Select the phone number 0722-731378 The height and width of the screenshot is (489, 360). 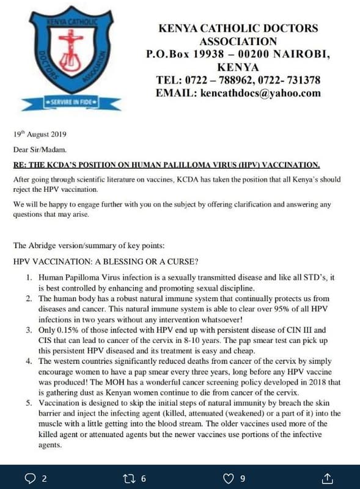point(296,79)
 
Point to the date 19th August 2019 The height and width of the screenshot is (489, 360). point(40,134)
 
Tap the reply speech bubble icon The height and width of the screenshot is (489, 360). point(28,477)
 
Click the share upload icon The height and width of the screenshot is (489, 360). point(328,477)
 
